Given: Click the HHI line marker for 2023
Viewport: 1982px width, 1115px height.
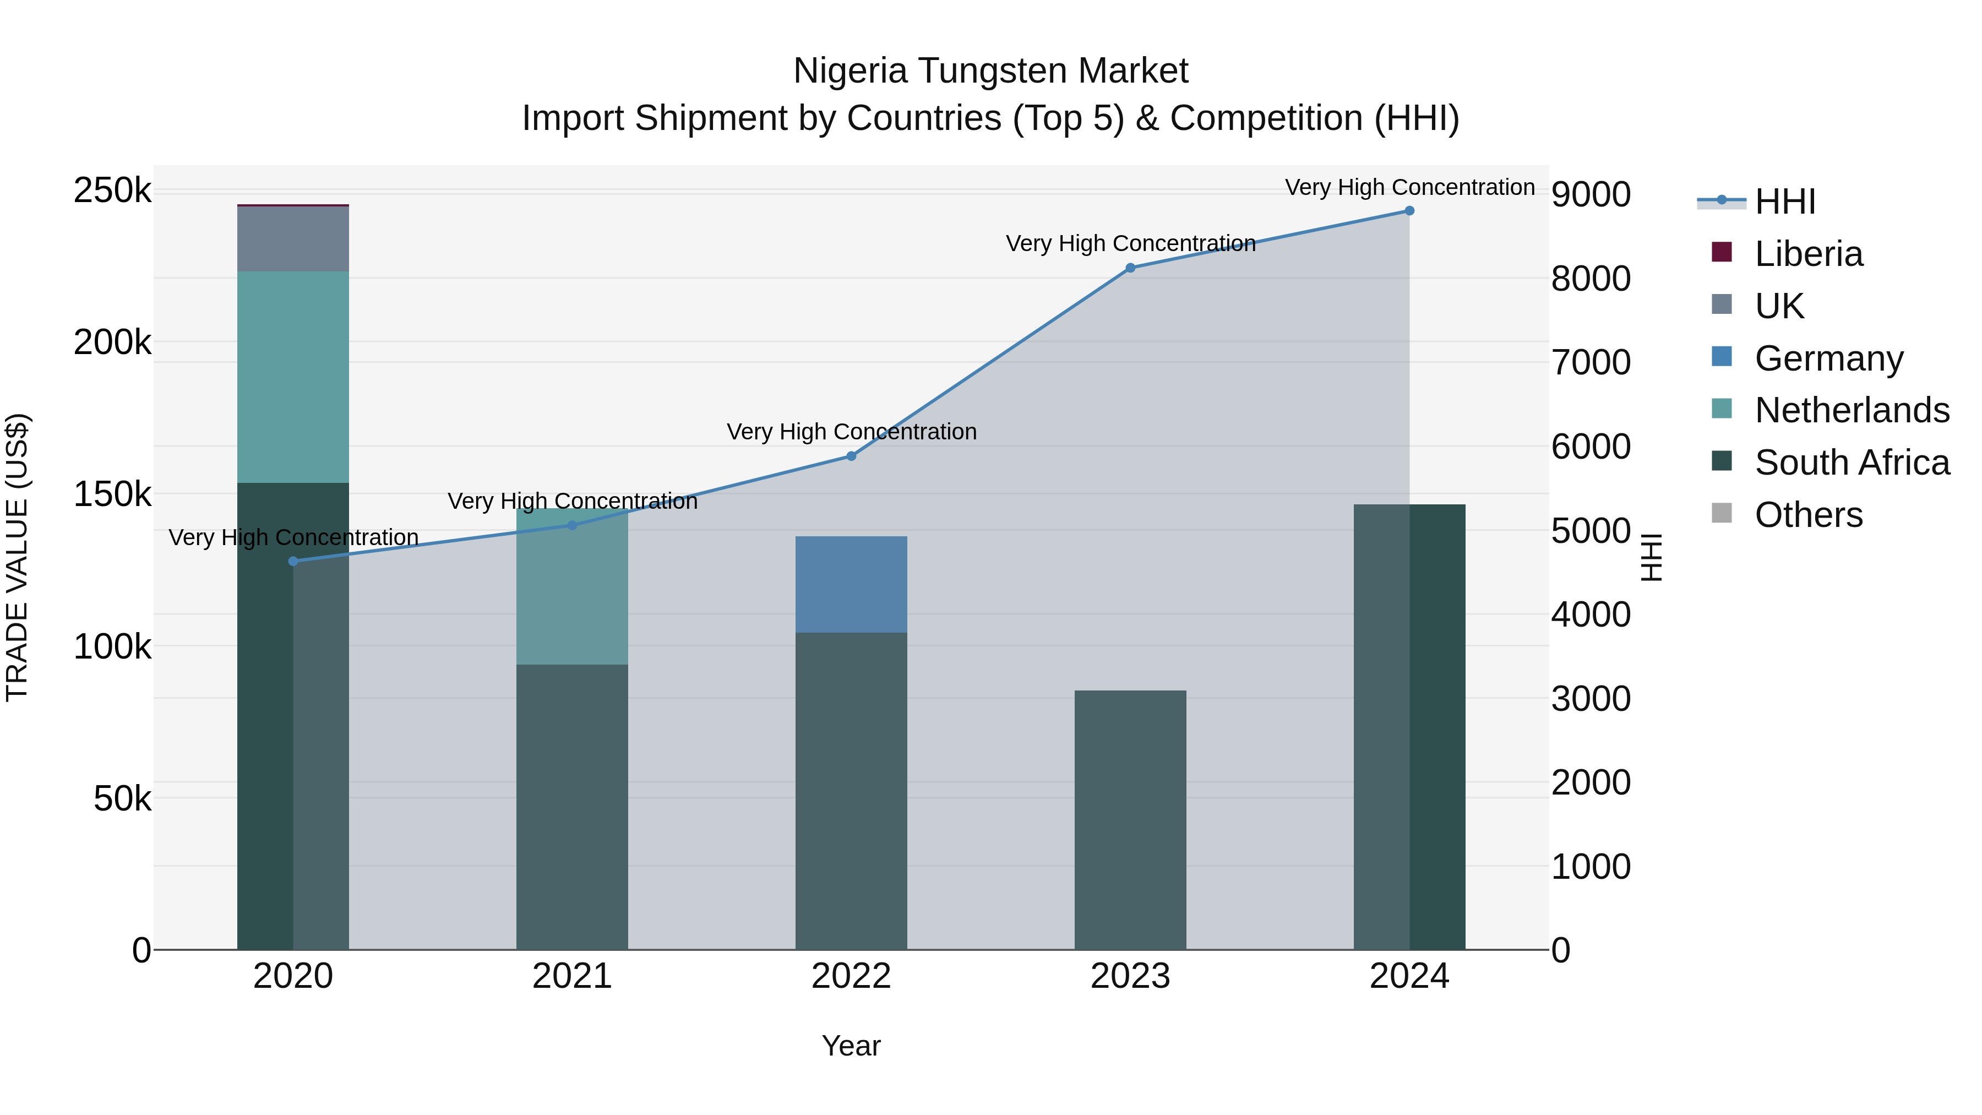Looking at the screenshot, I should pos(1130,268).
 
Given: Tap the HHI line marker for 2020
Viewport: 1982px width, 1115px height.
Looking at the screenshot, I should pos(293,561).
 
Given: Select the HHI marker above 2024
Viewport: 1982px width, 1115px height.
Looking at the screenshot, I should pos(1409,211).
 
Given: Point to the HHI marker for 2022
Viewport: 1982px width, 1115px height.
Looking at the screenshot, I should pos(851,456).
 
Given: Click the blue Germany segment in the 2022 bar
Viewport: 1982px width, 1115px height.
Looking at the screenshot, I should pos(851,584).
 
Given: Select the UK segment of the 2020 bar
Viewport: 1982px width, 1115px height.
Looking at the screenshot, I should pos(293,238).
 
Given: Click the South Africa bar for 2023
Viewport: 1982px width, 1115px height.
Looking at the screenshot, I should pos(1130,819).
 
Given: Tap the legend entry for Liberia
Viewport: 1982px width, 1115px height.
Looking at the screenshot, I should pos(1808,254).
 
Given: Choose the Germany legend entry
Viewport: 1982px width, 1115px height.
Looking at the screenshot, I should pos(1828,358).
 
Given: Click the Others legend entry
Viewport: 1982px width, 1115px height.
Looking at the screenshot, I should pos(1808,515).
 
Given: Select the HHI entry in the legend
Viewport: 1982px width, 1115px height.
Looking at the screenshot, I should pos(1785,202).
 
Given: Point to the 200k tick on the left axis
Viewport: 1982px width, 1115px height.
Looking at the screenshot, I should pos(112,342).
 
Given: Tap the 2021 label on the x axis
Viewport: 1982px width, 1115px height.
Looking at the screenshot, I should pos(571,976).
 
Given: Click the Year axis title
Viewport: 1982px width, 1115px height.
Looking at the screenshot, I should pos(851,1046).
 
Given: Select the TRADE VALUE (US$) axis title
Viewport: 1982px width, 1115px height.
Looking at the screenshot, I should pos(17,557).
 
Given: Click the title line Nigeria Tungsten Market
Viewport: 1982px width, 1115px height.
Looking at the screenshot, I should pos(990,71).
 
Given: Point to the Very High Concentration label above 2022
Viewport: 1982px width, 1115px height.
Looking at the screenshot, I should pos(851,432).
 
